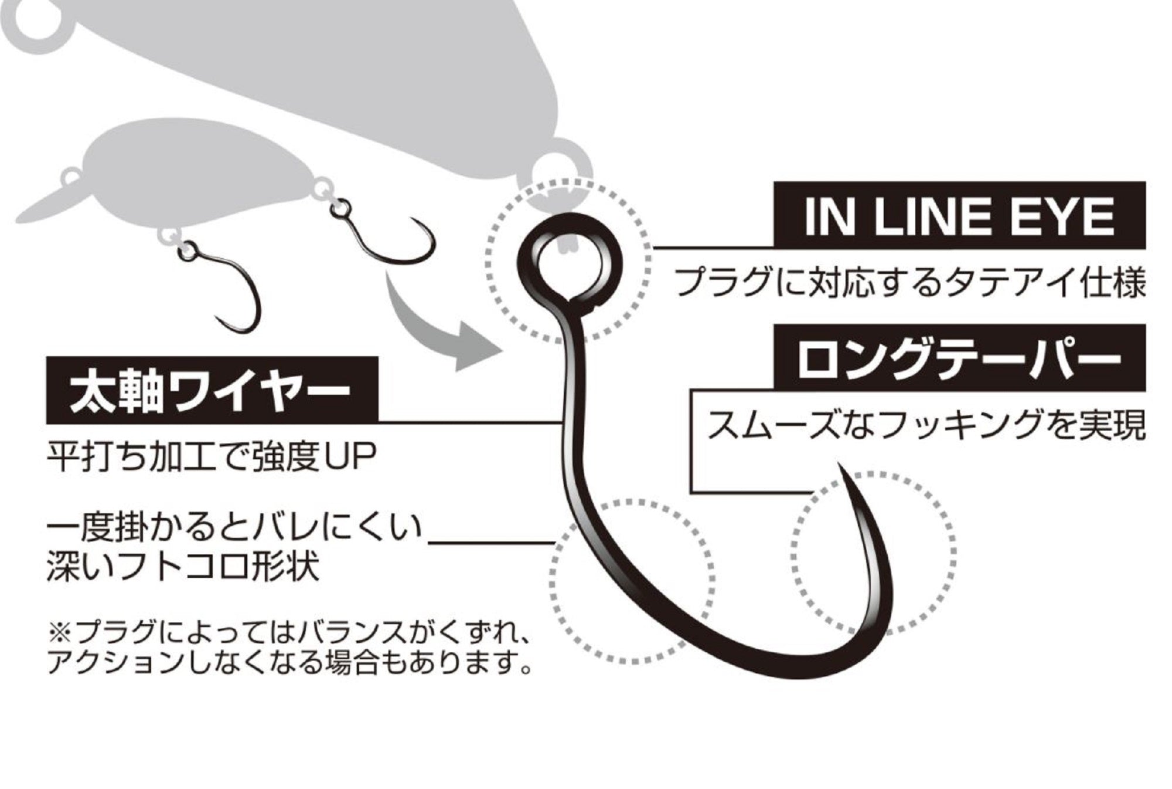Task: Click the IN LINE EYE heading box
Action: (959, 215)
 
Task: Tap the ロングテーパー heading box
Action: (959, 357)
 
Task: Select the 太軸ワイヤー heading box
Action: (212, 390)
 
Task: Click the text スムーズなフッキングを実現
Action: (926, 425)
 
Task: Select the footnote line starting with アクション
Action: (290, 663)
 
